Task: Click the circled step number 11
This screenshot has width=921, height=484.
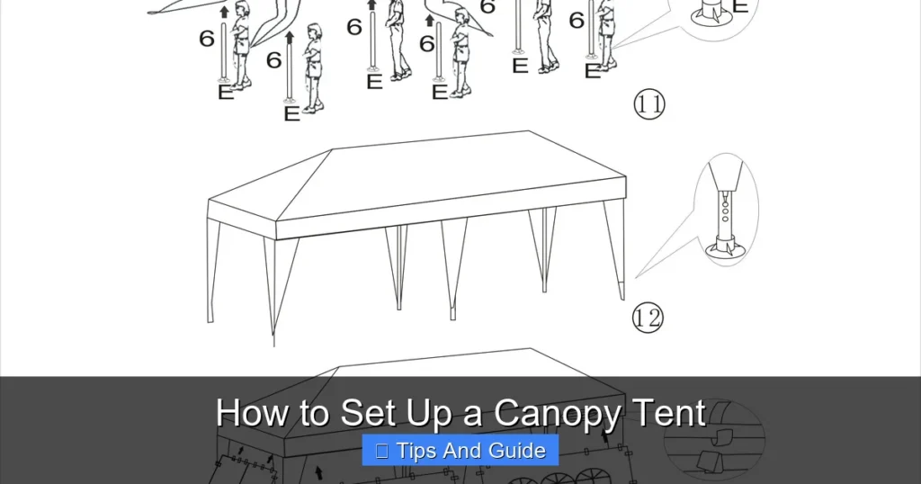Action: (649, 104)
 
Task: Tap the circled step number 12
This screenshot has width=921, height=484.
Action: (648, 318)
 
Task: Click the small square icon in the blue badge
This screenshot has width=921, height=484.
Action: (382, 451)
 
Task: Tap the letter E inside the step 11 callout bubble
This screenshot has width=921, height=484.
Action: (739, 7)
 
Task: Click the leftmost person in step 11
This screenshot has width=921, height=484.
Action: (240, 45)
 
